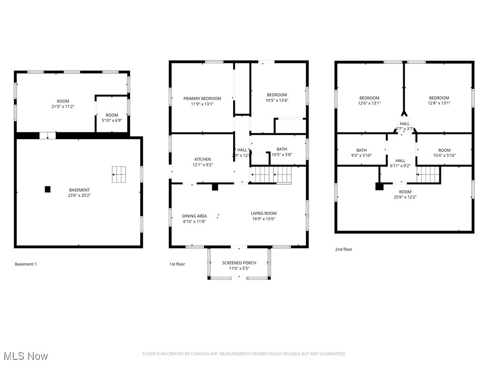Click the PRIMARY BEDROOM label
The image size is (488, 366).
(202, 99)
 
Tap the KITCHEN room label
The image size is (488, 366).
(202, 159)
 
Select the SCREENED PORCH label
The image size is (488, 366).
(239, 263)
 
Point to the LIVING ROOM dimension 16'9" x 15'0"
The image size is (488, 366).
(264, 219)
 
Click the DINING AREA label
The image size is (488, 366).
(194, 216)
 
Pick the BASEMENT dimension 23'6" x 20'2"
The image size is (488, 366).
(79, 195)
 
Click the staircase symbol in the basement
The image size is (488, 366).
(119, 174)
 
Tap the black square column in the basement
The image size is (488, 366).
(48, 189)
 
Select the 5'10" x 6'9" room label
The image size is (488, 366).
(112, 115)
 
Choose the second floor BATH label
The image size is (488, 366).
(361, 150)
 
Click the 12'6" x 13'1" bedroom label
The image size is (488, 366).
(369, 98)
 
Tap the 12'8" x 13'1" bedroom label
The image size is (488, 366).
(438, 98)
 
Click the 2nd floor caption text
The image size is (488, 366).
(344, 249)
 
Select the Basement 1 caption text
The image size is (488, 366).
(26, 264)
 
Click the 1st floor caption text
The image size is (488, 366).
(177, 264)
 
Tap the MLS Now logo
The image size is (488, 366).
(25, 356)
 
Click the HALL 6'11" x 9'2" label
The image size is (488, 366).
(400, 161)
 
